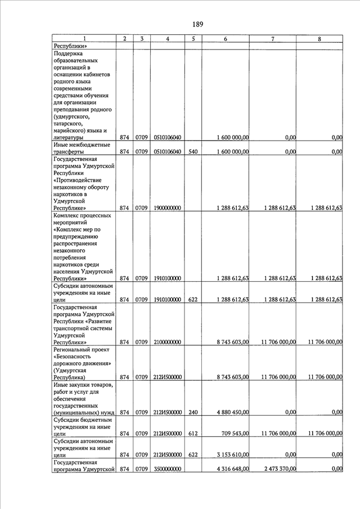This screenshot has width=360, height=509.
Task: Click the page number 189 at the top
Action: (197, 24)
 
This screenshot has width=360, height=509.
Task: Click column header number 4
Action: (168, 39)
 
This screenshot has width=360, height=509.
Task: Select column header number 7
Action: (273, 39)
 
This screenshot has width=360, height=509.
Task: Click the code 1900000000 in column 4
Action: (168, 208)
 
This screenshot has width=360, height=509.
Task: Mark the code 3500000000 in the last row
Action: (168, 469)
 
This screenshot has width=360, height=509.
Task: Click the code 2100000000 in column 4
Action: (168, 342)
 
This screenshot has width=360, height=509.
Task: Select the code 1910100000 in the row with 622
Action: (168, 300)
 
